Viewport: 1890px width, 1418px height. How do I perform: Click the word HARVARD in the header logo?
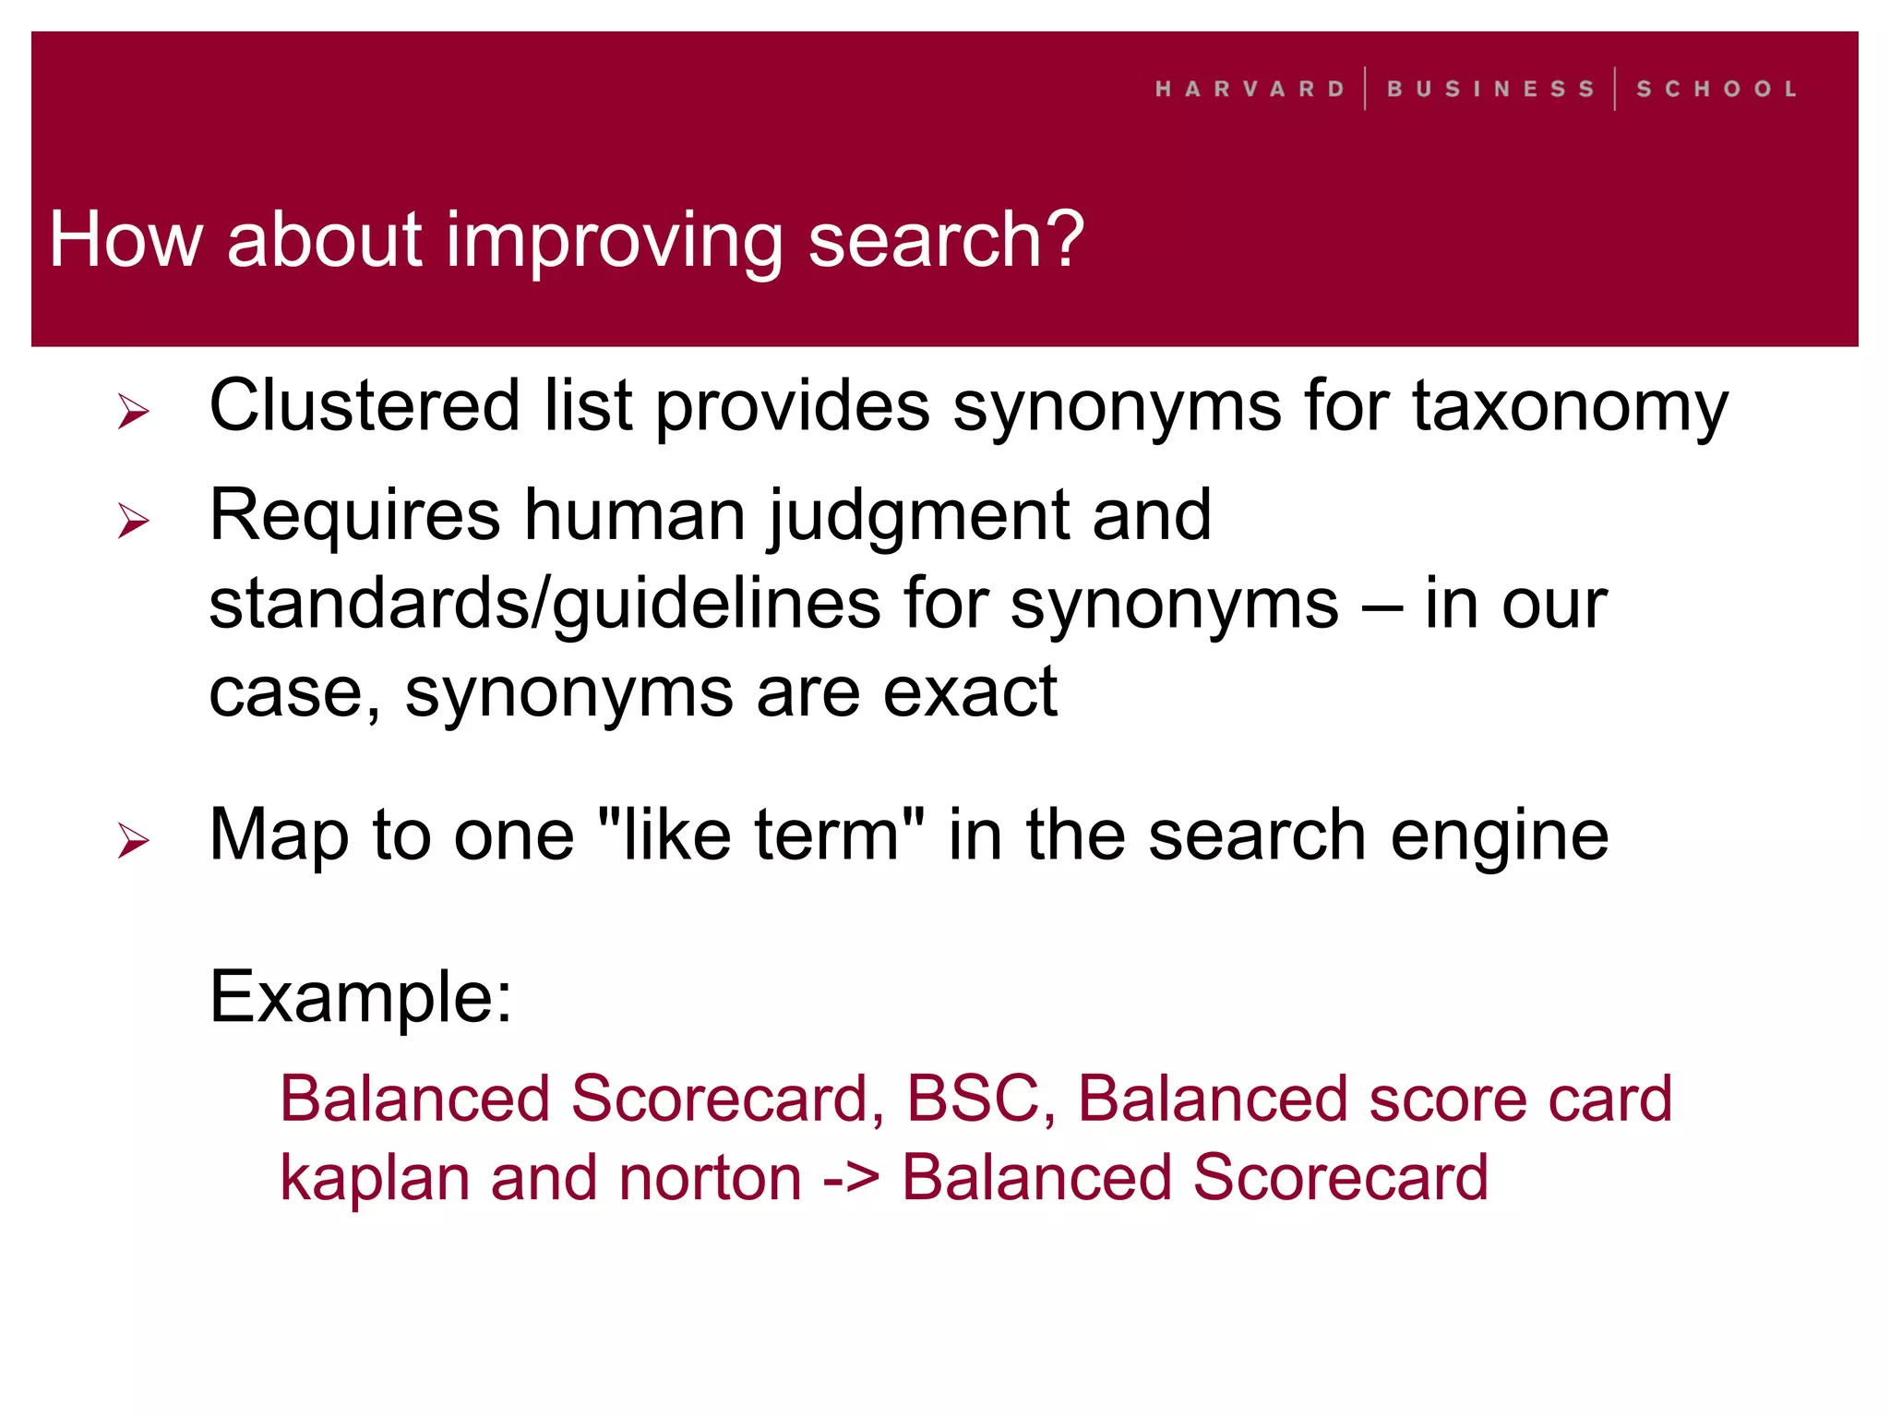[x=1250, y=90]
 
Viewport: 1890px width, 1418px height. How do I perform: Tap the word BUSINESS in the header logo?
[x=1490, y=90]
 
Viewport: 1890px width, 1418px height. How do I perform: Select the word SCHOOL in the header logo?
[x=1717, y=90]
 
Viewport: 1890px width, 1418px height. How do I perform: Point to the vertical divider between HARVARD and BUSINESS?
[x=1365, y=89]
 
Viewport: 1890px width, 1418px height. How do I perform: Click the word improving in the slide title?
[x=614, y=242]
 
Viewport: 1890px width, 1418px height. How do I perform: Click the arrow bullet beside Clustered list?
[x=134, y=411]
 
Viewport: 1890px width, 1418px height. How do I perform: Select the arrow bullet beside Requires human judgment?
[x=134, y=521]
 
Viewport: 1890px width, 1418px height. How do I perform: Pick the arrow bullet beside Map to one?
[x=134, y=840]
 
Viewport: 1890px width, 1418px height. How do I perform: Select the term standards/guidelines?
[x=544, y=606]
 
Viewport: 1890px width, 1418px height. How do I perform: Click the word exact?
[x=969, y=693]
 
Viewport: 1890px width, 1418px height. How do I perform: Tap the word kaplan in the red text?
[x=375, y=1181]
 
